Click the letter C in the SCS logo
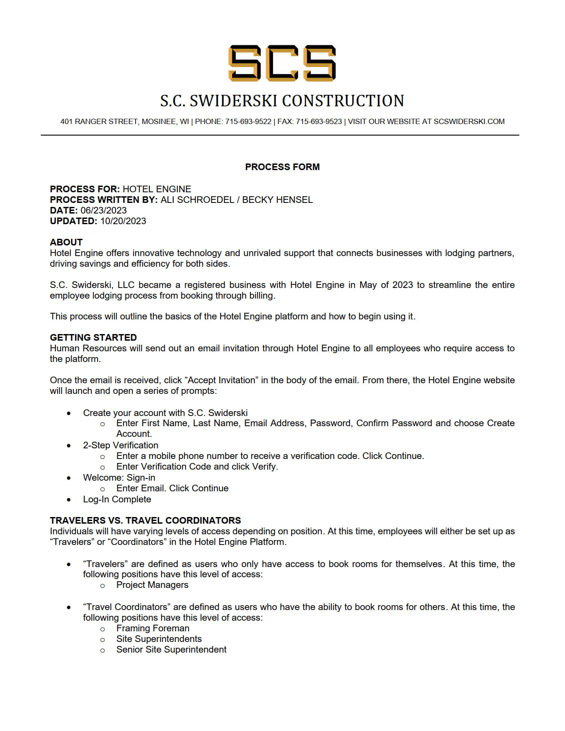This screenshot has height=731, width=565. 282,63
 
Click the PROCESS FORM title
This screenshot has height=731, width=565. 282,167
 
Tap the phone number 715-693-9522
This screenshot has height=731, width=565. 248,121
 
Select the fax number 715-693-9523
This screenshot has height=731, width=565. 319,121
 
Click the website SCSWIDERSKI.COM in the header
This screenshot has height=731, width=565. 469,121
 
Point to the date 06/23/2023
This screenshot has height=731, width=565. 103,210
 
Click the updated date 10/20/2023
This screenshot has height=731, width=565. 123,221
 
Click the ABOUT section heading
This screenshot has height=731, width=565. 66,242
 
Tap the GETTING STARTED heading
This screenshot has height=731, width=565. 93,338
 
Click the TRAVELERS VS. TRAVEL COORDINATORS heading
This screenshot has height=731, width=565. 145,521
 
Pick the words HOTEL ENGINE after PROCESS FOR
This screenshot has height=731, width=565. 157,189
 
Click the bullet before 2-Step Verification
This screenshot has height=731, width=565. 69,446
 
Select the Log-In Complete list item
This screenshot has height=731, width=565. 117,499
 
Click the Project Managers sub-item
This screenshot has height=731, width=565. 152,585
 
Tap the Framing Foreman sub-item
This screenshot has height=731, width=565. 152,628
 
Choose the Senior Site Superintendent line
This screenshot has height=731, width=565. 171,649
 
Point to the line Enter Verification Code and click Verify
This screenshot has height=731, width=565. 197,467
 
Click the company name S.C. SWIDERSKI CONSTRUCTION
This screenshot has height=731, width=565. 282,101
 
